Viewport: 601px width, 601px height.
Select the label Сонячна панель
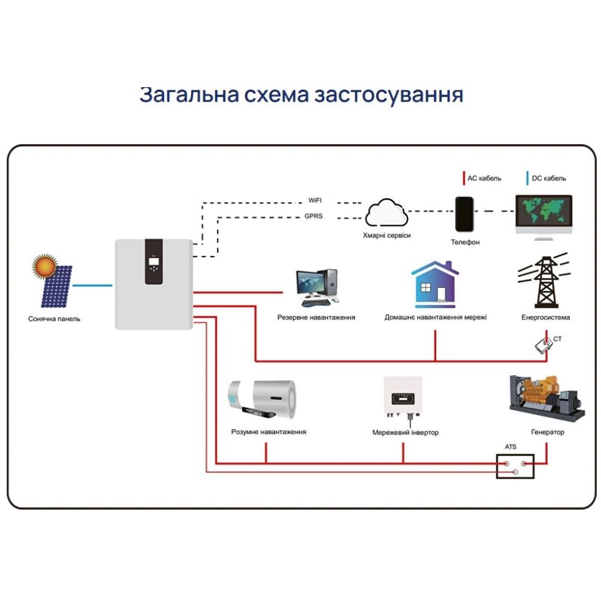point(54,319)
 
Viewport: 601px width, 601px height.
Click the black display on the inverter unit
point(153,261)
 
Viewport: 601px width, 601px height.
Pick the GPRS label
point(314,216)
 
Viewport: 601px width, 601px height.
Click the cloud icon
point(386,213)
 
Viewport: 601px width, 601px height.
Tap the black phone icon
point(465,214)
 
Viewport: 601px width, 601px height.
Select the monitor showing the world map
point(544,216)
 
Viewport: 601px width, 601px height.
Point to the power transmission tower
point(544,282)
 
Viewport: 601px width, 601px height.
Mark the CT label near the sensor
point(558,340)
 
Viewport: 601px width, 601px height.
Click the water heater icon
point(263,399)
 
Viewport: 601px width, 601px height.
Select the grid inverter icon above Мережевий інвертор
point(403,398)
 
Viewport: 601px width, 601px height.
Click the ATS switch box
point(515,466)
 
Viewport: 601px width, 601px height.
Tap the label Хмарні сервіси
point(387,236)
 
